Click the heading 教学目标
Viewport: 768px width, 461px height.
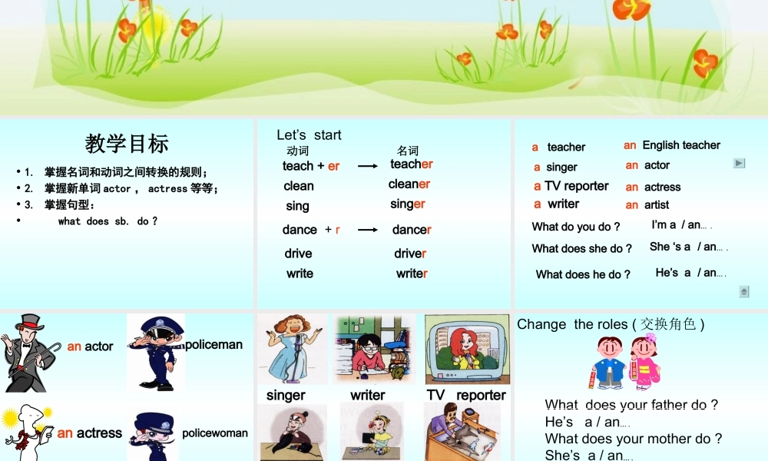pos(127,144)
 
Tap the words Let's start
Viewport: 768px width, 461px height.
pos(309,135)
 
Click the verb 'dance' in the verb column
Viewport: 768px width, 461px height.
pos(300,230)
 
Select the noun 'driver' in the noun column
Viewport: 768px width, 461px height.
pos(411,254)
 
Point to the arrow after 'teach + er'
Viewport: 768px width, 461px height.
pos(368,166)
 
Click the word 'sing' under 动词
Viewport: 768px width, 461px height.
pos(297,206)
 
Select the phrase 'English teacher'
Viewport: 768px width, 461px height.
pos(680,145)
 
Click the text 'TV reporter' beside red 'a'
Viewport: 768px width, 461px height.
pos(576,186)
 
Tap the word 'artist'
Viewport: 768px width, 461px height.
pos(657,205)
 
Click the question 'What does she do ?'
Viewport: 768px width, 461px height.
pos(582,249)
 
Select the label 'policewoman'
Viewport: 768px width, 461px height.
pos(215,433)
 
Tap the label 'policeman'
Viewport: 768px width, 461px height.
pos(214,345)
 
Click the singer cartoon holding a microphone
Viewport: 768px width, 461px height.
pos(292,348)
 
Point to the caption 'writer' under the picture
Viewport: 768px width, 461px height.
pos(367,395)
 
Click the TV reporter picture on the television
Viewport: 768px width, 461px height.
pos(466,349)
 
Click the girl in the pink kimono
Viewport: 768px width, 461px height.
pos(644,360)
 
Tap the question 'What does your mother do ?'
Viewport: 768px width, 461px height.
pos(634,439)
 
